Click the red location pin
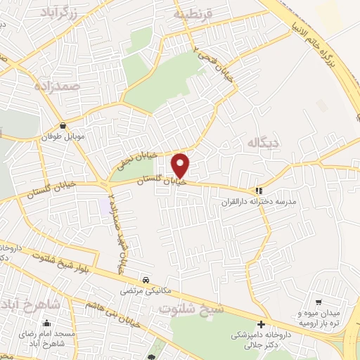pyautogui.click(x=181, y=166)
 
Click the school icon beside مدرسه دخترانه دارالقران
pyautogui.click(x=259, y=190)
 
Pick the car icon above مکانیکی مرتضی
pyautogui.click(x=146, y=278)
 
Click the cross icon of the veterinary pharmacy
pyautogui.click(x=261, y=325)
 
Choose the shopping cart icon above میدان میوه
pyautogui.click(x=319, y=302)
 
